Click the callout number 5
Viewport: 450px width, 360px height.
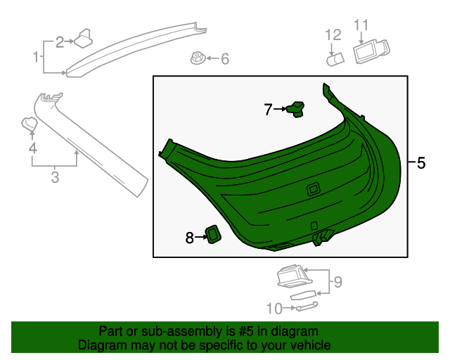[x=421, y=163]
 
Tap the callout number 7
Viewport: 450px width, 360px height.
[x=268, y=110]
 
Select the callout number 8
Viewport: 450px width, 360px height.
[x=189, y=238]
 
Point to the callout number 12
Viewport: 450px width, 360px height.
[x=332, y=34]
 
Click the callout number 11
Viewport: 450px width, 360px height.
[x=361, y=26]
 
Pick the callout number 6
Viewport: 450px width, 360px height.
[x=224, y=59]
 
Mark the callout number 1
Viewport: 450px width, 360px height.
[x=35, y=56]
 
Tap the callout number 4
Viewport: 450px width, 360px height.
[x=32, y=148]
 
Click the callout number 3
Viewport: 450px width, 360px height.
[x=55, y=177]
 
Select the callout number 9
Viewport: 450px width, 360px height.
[x=337, y=283]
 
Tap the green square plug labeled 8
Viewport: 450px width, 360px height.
[x=212, y=234]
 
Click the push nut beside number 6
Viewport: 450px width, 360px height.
[x=198, y=58]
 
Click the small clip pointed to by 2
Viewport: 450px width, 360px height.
[x=86, y=37]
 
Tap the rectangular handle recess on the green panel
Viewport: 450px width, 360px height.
[x=313, y=188]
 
